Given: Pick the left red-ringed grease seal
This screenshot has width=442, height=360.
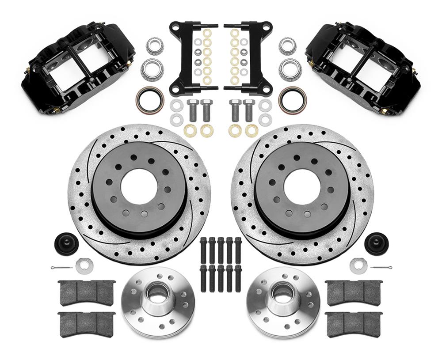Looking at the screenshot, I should tap(150, 99).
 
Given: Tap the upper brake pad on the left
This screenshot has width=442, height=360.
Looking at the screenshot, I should tap(87, 292).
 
